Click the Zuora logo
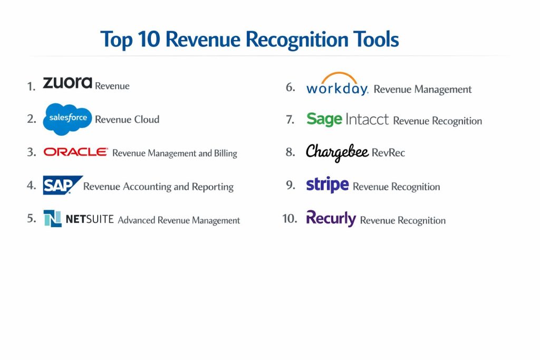pyautogui.click(x=67, y=83)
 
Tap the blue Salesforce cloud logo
pyautogui.click(x=67, y=119)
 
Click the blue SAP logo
pyautogui.click(x=63, y=185)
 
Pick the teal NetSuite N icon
pyautogui.click(x=53, y=218)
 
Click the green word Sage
pyautogui.click(x=324, y=120)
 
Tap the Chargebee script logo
pyautogui.click(x=337, y=152)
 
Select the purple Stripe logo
pyautogui.click(x=327, y=185)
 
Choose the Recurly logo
pyautogui.click(x=331, y=218)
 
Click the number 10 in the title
pyautogui.click(x=149, y=39)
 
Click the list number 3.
pyautogui.click(x=31, y=152)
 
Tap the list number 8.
pyautogui.click(x=291, y=152)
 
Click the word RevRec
pyautogui.click(x=388, y=152)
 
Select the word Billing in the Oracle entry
pyautogui.click(x=226, y=153)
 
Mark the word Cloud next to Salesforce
pyautogui.click(x=147, y=120)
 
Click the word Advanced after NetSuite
pyautogui.click(x=137, y=220)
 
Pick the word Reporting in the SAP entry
pyautogui.click(x=213, y=187)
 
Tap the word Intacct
pyautogui.click(x=367, y=119)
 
